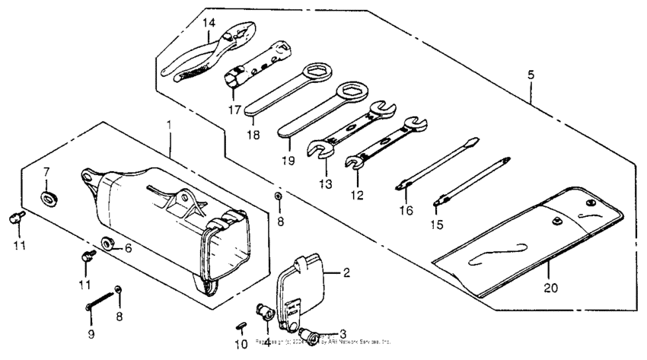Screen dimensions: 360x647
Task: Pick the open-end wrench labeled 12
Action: tap(384, 142)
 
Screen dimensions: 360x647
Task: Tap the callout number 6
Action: tap(128, 247)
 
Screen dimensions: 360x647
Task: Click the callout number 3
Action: tap(343, 333)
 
